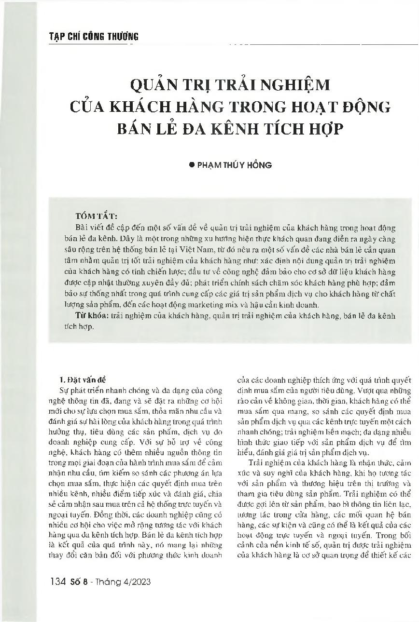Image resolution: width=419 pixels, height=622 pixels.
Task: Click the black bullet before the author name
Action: (x=191, y=164)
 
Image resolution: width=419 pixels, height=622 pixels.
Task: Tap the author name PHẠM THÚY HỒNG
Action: (x=234, y=165)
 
